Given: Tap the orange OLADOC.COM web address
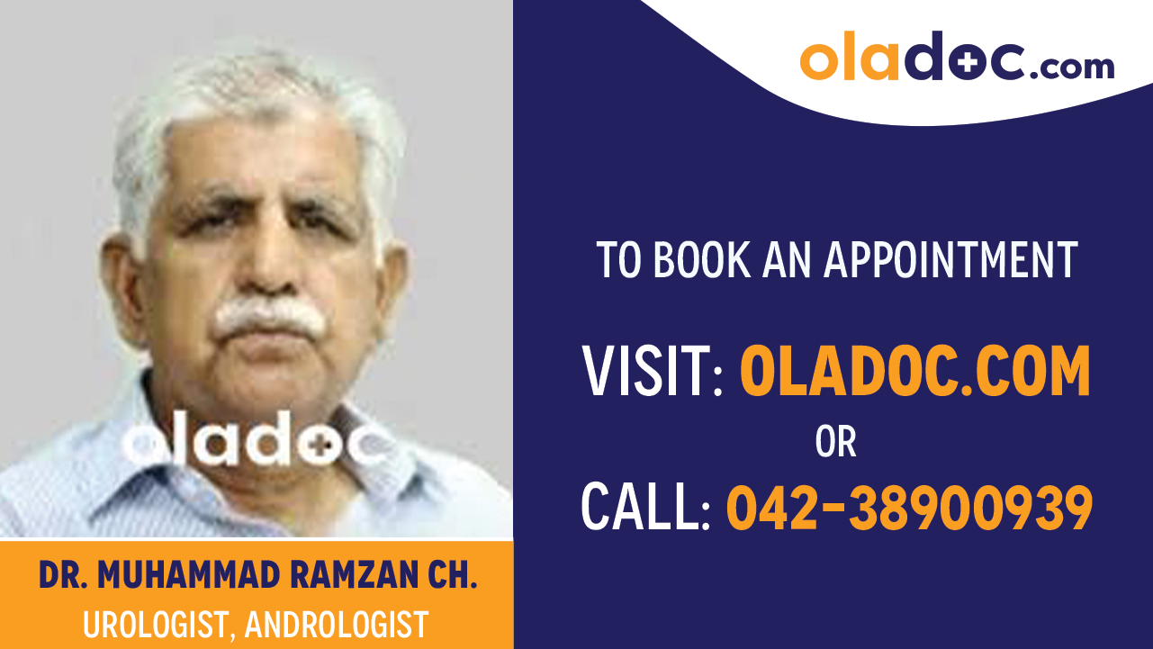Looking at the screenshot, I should coord(914,372).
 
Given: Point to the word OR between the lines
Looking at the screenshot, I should coord(835,442).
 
